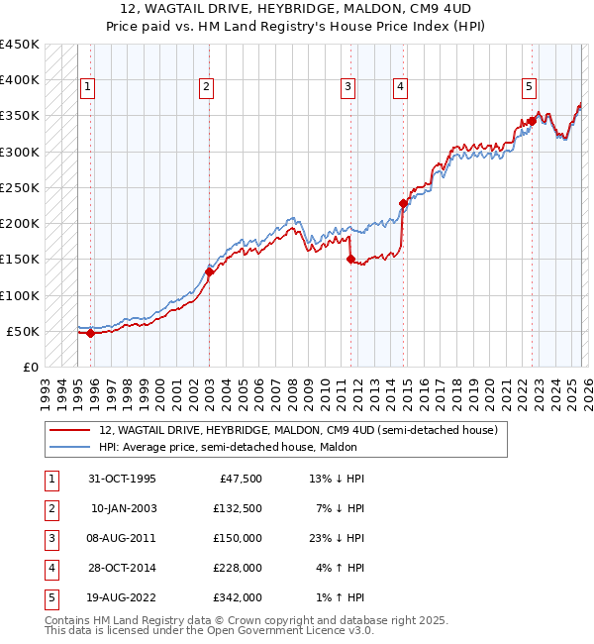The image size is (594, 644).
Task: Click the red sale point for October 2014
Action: point(403,203)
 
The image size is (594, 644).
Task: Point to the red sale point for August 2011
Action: point(350,260)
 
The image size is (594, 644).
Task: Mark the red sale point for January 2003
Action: point(209,271)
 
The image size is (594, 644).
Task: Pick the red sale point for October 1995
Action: point(90,333)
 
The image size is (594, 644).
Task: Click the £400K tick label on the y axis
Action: point(20,80)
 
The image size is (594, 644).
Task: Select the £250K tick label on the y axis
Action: point(20,187)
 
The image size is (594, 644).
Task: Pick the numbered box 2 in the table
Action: point(50,508)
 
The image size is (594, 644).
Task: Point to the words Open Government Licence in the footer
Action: point(285,630)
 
